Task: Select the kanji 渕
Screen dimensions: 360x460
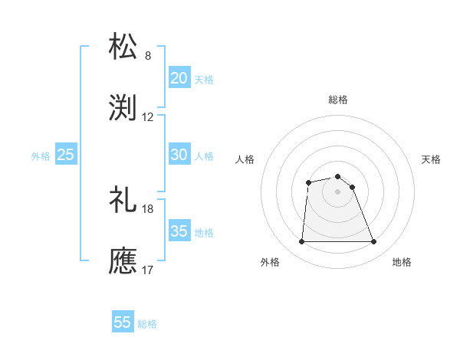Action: (x=123, y=106)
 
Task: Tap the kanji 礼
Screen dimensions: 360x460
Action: (x=123, y=198)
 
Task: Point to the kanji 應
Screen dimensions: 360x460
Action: (x=123, y=260)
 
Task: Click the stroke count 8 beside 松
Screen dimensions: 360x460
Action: (x=148, y=56)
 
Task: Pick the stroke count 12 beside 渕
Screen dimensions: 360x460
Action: (x=148, y=117)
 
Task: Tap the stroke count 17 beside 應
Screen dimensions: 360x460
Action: (x=148, y=270)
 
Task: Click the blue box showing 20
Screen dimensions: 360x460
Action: (x=179, y=77)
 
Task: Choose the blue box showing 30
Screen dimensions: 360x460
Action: (x=179, y=154)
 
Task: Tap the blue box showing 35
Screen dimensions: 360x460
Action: (x=179, y=231)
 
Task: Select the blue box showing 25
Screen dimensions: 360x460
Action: (x=66, y=154)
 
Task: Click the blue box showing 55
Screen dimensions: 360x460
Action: (x=123, y=322)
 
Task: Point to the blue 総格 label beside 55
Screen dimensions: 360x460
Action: (x=147, y=324)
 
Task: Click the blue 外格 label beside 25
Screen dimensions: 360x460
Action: (x=41, y=156)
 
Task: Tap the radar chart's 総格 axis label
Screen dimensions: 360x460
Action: (x=338, y=100)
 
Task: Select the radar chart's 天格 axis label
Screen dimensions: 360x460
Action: (x=432, y=159)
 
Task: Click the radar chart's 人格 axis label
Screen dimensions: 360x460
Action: (x=245, y=159)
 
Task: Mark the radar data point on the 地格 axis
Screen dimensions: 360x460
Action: (x=374, y=242)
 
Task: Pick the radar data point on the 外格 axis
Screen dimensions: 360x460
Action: (x=301, y=242)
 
